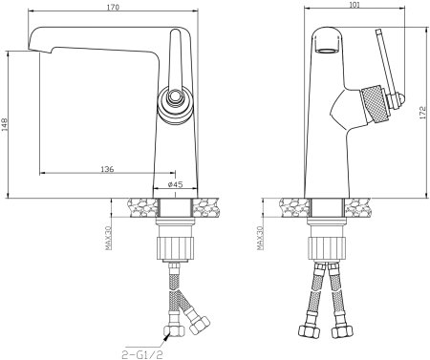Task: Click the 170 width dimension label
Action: (113, 7)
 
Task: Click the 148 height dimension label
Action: (4, 124)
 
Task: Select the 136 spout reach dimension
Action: (107, 169)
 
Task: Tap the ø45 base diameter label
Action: (175, 184)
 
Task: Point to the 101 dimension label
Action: (355, 4)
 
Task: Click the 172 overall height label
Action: (423, 113)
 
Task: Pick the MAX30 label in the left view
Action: (108, 238)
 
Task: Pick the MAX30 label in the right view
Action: (260, 238)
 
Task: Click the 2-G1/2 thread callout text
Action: (142, 354)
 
